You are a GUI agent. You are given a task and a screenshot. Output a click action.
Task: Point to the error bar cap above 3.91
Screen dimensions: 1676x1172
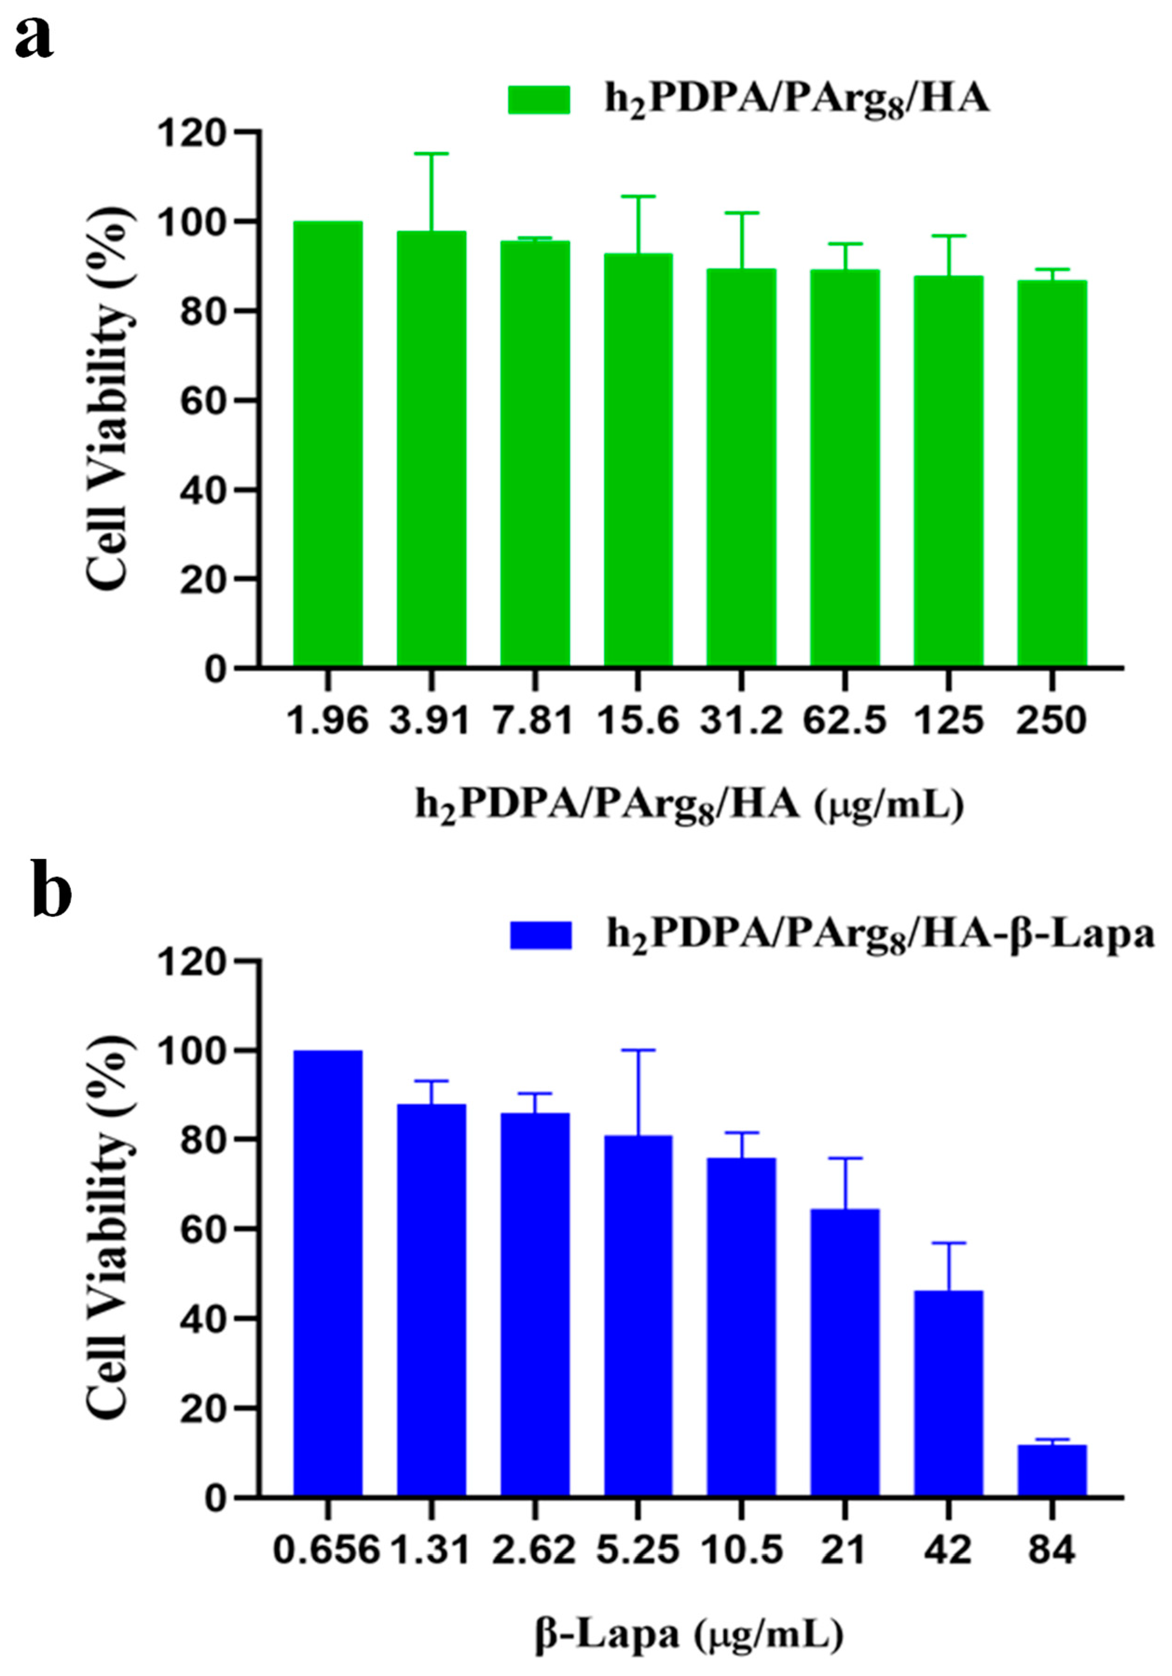tap(432, 153)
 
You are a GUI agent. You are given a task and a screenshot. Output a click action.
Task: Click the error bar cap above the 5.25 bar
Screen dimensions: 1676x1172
tap(638, 1050)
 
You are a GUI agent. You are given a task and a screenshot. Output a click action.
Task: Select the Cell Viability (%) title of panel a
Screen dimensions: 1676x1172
tap(110, 398)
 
